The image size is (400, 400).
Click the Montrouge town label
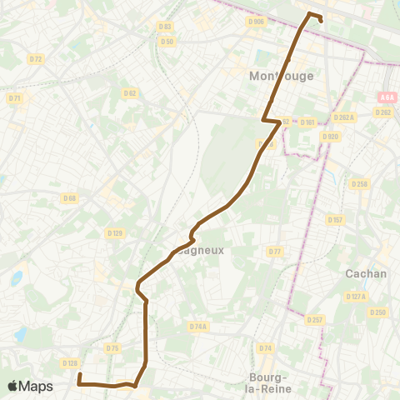point(282,76)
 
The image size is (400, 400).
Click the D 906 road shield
point(256,22)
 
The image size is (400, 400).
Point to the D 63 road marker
point(164,27)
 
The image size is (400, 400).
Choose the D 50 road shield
point(167,41)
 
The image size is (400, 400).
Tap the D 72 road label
point(35,59)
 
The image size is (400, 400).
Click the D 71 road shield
point(15,98)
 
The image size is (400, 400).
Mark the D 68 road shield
point(69,197)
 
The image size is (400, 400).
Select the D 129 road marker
point(116,232)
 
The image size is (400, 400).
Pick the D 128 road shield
point(70,362)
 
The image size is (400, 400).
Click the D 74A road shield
point(197,327)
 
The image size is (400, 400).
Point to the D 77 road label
point(274,251)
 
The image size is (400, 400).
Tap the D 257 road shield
point(314,319)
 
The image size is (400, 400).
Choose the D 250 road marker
point(379,312)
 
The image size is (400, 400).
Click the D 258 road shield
point(359,183)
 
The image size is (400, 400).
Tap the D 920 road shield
point(331,136)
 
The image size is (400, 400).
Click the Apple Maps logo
point(30,386)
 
